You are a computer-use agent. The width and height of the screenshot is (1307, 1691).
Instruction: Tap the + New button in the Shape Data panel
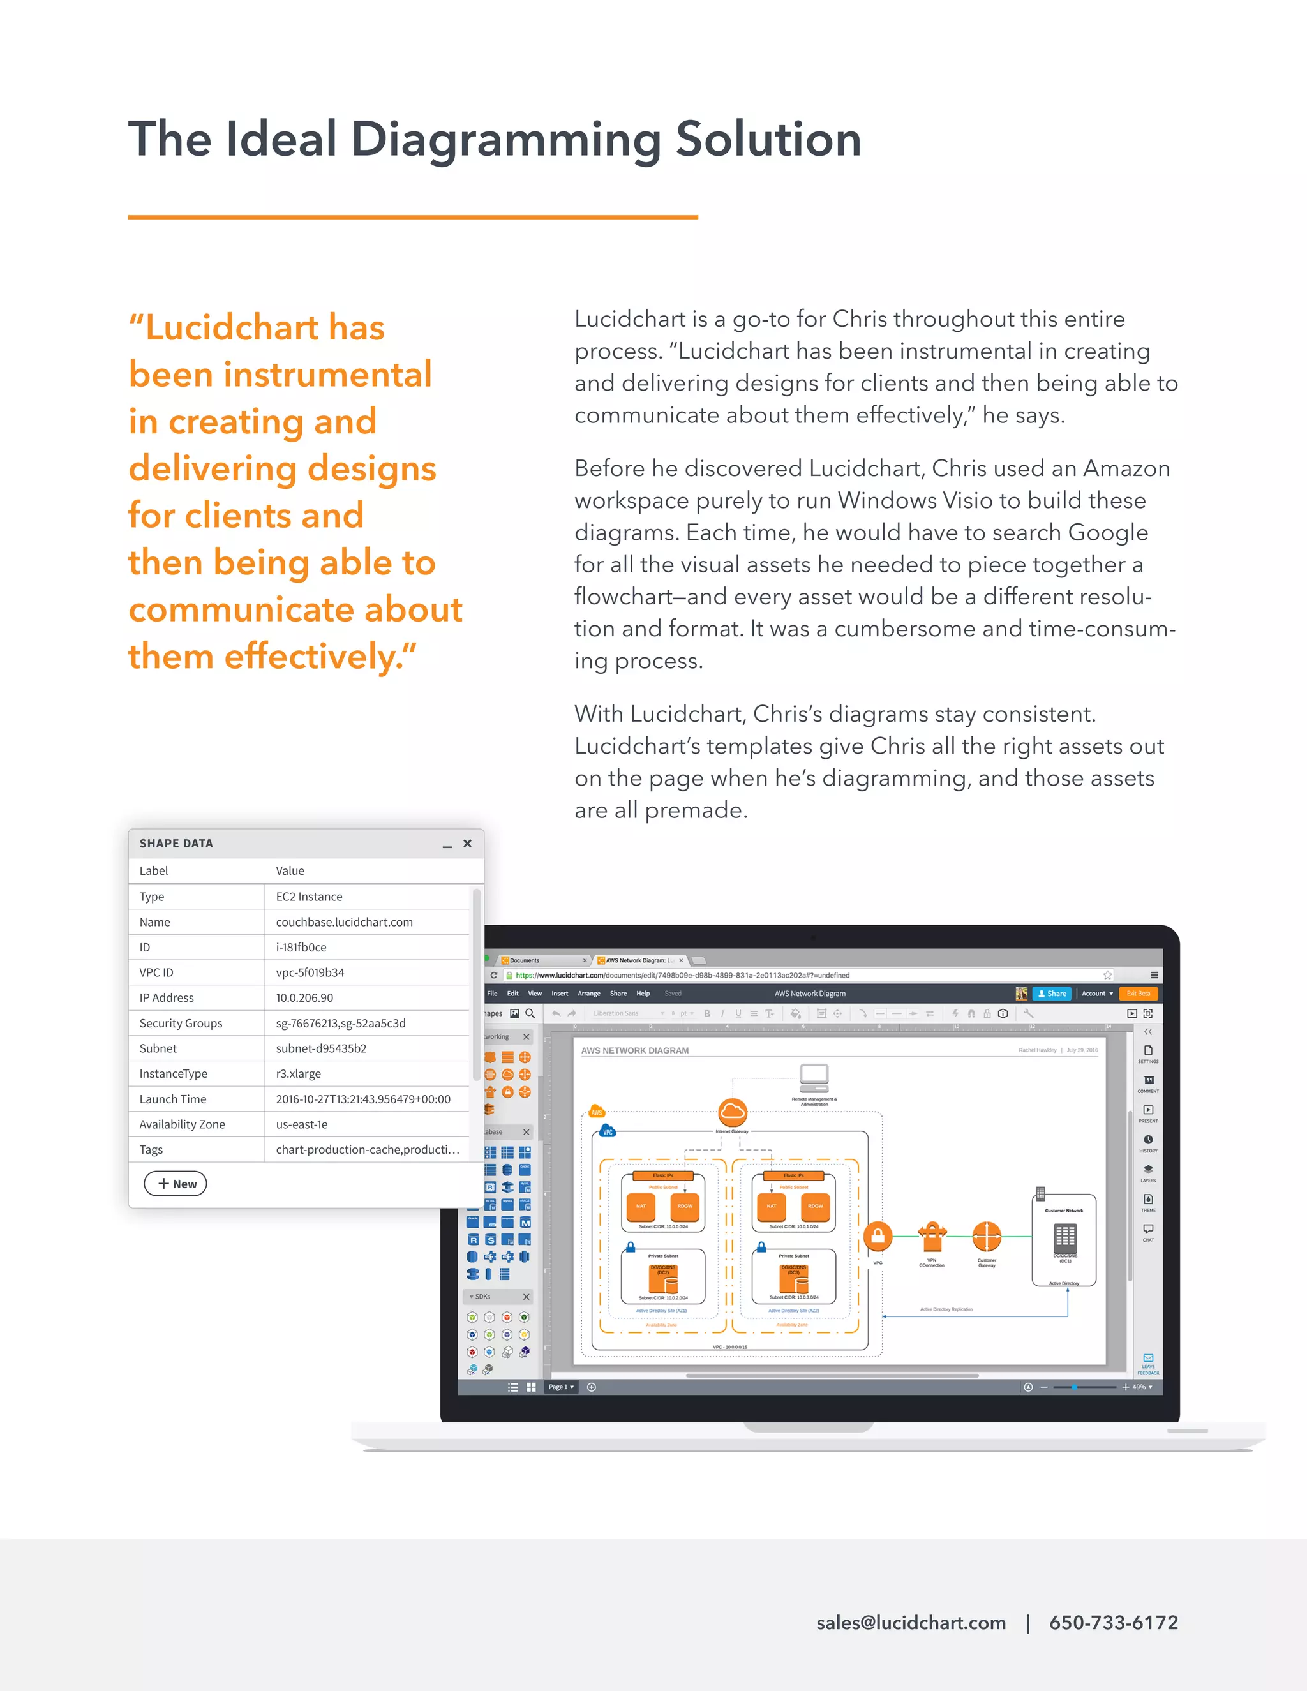[176, 1183]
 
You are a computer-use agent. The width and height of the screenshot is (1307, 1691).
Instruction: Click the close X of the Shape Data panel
[467, 843]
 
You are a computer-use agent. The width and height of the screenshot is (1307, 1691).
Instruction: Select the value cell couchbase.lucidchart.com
[344, 921]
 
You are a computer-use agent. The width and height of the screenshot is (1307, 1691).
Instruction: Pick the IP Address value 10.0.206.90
[304, 997]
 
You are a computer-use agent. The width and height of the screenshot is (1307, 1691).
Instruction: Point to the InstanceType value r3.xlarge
[298, 1073]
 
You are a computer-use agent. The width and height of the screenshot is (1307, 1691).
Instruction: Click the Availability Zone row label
[182, 1124]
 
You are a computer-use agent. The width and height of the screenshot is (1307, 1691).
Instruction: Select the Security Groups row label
[181, 1023]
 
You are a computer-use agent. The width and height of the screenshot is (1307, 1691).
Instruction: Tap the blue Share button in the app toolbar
[1052, 994]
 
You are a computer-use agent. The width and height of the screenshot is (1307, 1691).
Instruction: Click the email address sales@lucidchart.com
[911, 1622]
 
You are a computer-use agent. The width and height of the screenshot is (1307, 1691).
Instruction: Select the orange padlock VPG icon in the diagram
[878, 1237]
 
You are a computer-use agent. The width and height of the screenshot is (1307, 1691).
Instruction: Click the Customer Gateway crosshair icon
[987, 1237]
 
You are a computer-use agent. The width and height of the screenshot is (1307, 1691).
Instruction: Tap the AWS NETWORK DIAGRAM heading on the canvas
[634, 1051]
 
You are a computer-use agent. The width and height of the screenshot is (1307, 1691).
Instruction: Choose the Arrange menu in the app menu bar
[588, 994]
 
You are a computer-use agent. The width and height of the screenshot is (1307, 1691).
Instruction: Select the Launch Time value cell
[362, 1099]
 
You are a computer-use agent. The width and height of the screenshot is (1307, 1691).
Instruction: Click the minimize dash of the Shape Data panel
[447, 845]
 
